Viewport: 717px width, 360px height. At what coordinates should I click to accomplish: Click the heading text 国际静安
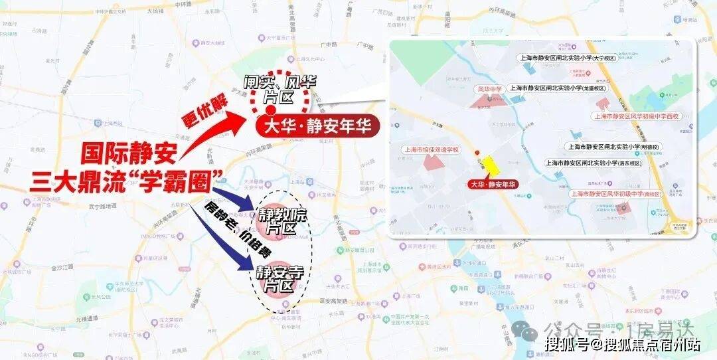pos(129,155)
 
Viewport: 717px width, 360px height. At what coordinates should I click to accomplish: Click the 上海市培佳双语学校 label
pos(432,150)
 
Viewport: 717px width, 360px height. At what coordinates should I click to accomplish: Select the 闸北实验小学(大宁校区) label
pos(568,58)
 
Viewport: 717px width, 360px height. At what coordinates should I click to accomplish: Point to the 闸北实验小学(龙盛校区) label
pos(558,88)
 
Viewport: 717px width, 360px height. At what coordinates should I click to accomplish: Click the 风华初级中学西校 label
pos(636,116)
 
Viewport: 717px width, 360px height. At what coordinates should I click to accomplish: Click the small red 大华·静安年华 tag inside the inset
pos(492,184)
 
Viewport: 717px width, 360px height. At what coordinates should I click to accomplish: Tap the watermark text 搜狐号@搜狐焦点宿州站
pos(623,344)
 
